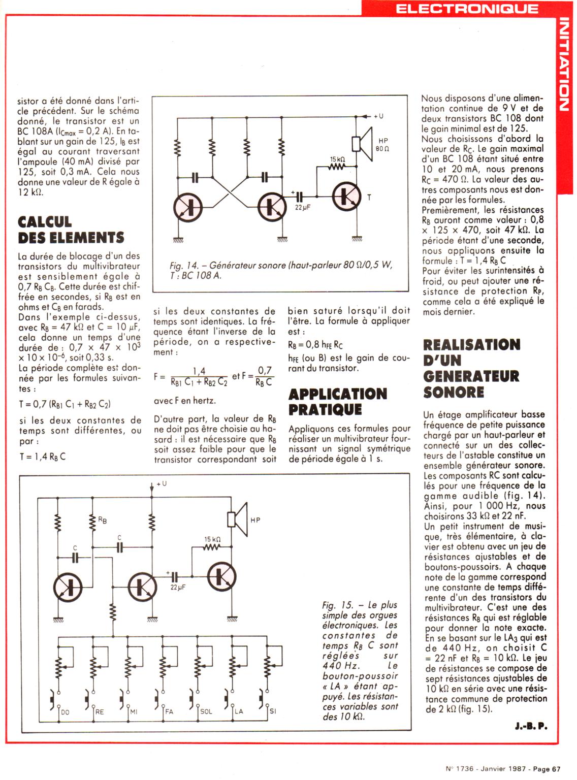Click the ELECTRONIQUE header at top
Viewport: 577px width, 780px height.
click(x=466, y=8)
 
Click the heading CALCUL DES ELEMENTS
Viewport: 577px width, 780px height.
click(x=71, y=230)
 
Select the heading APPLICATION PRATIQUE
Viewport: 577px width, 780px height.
click(x=338, y=401)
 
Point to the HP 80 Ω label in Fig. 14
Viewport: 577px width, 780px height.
click(x=382, y=144)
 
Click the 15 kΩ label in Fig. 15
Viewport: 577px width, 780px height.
click(x=212, y=539)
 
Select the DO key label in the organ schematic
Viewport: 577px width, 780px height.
click(x=65, y=712)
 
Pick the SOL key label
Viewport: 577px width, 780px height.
click(x=206, y=712)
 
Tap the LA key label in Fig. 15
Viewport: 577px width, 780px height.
click(x=239, y=712)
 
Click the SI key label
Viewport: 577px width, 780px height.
click(x=273, y=711)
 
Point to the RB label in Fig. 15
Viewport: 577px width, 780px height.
click(x=103, y=520)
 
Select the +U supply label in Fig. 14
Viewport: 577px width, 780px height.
click(x=378, y=116)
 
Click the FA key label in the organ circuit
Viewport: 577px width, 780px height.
click(x=169, y=712)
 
